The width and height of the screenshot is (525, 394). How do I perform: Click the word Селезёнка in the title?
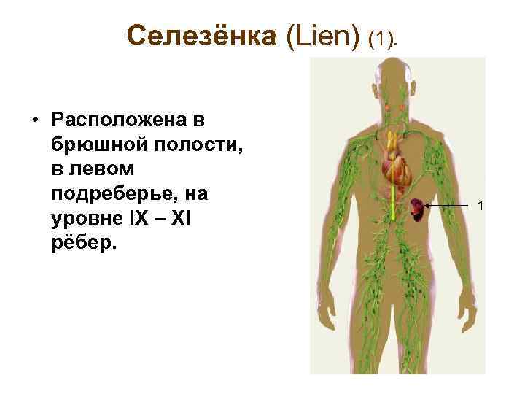point(203,34)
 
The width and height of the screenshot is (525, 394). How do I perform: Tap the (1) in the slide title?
point(384,37)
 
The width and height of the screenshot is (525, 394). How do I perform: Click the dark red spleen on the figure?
point(416,209)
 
